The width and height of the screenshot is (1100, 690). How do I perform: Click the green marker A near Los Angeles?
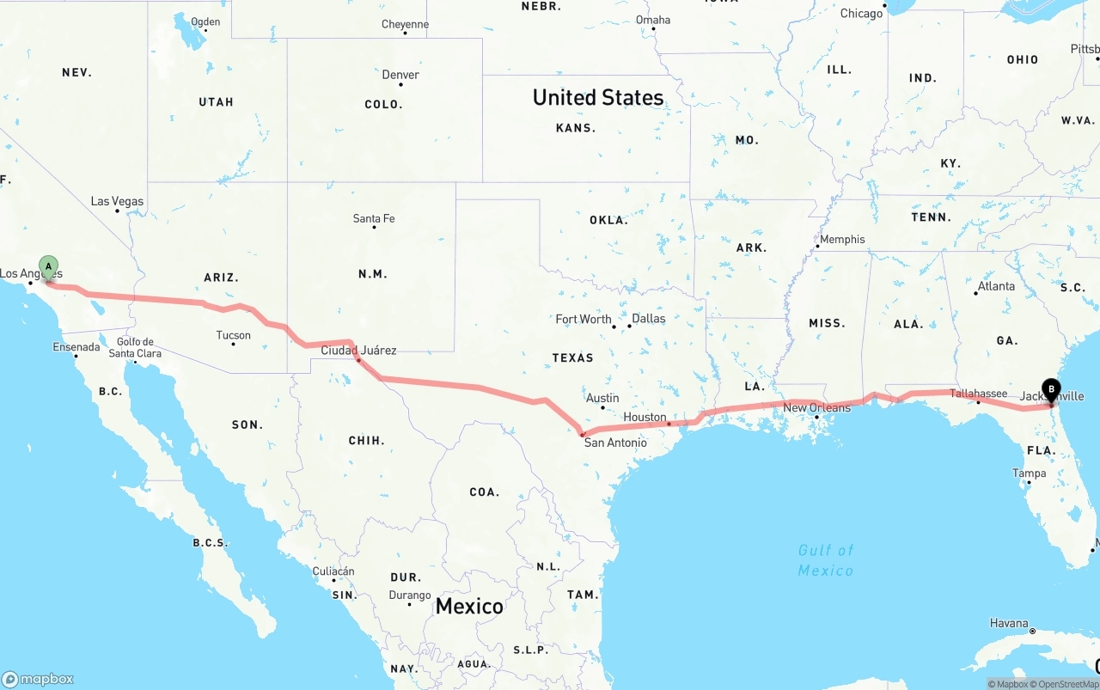coord(49,266)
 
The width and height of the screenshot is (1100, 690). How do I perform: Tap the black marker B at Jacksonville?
coord(1050,390)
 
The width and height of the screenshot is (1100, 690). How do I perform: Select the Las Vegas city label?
coord(118,202)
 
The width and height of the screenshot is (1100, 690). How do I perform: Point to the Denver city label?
coord(400,75)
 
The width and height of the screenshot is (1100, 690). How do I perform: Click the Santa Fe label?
coord(374,219)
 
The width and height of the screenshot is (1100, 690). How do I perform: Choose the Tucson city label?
coord(234,335)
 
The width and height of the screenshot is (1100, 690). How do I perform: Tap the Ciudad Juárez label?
coord(358,351)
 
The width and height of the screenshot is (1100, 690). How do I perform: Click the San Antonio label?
coord(615,443)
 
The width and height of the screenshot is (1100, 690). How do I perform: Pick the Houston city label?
coord(645,418)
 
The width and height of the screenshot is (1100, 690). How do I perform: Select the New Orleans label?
coord(816,407)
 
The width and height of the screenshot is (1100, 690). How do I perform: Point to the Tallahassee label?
coord(978,394)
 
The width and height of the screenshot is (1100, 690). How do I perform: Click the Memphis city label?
coord(842,240)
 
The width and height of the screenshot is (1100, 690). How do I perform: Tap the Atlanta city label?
coord(996,286)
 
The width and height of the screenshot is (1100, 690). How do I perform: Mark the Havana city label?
coord(1008,623)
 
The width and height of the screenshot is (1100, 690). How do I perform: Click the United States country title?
coord(598,97)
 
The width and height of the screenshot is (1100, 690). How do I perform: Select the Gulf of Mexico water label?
coord(826,560)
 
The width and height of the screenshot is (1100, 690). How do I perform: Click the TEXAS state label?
coord(573,357)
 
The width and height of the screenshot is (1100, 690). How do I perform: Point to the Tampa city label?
coord(1029,473)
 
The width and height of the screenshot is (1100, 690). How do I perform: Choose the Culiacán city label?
coord(333,571)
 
